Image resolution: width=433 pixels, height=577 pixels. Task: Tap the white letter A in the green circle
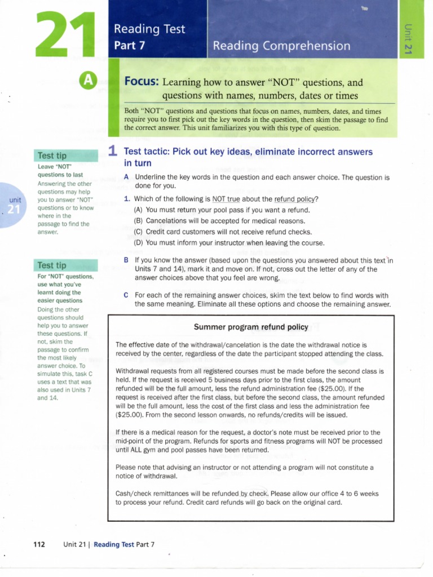tap(88, 82)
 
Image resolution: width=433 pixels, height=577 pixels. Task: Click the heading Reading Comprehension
tap(281, 46)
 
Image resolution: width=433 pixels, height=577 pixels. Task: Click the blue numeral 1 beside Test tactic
tap(112, 151)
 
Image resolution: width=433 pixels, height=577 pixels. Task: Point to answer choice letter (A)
tap(138, 210)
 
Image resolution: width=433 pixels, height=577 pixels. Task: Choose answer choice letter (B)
tap(138, 221)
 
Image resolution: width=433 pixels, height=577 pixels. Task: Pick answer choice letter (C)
tap(138, 232)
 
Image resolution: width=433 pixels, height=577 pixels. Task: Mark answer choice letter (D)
tap(138, 243)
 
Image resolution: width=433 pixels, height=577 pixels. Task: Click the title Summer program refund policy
tap(250, 327)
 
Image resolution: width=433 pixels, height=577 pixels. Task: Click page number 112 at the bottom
tap(39, 544)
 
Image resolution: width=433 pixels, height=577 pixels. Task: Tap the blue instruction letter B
tap(126, 260)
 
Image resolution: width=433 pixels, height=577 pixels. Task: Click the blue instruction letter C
tap(126, 295)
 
